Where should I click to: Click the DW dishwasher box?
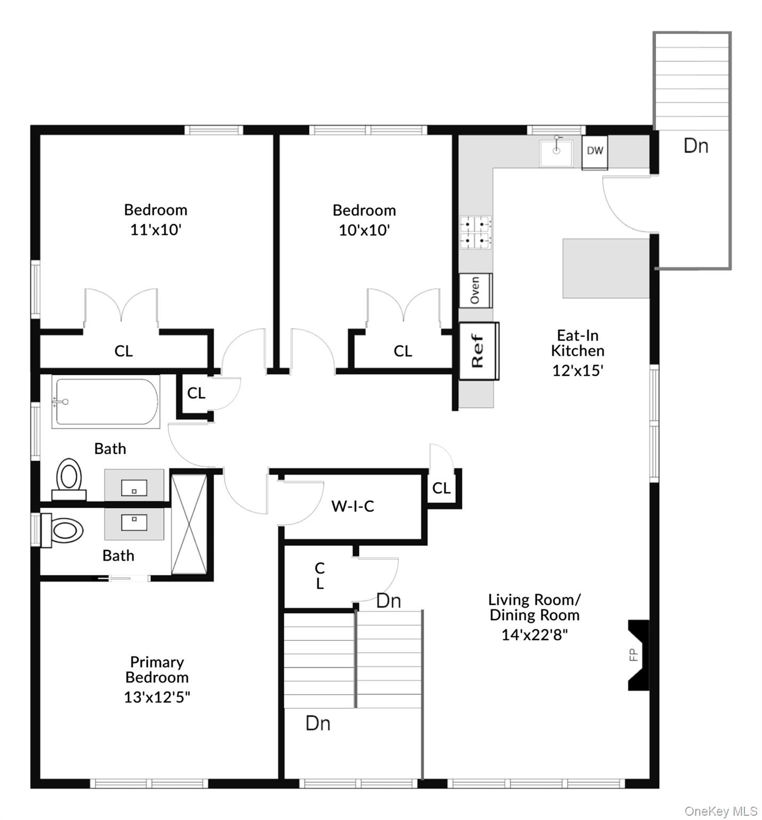(594, 152)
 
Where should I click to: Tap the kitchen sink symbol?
(556, 153)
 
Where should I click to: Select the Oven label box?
(475, 290)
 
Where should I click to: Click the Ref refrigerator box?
(479, 351)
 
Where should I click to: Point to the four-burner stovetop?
(475, 232)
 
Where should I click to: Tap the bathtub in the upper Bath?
(106, 401)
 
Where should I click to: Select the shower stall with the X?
(188, 523)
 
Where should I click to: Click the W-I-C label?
(353, 506)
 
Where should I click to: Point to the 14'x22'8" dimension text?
(534, 635)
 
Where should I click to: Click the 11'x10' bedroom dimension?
(156, 230)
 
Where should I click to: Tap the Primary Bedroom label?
(157, 669)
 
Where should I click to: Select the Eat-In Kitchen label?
(577, 343)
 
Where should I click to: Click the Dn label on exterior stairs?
(696, 146)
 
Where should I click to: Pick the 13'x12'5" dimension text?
(157, 697)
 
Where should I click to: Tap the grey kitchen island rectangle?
(606, 268)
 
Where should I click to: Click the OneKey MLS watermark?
(720, 811)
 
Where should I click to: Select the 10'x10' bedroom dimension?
(364, 231)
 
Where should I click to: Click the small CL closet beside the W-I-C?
(441, 488)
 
